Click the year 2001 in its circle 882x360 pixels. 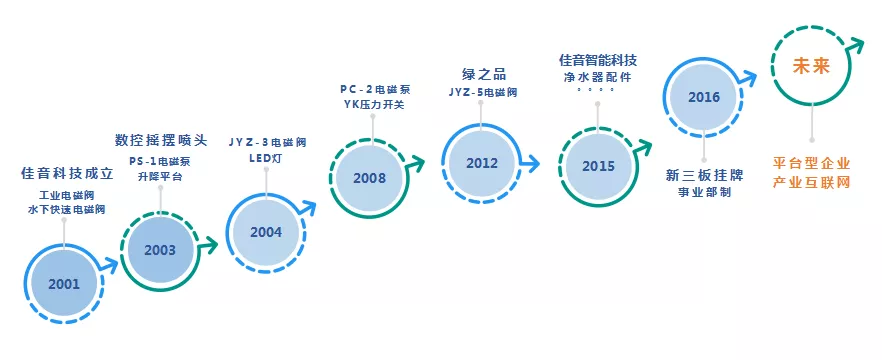[x=64, y=284]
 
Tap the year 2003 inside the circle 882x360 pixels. [x=160, y=250]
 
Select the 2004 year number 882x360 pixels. [x=266, y=232]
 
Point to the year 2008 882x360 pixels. [x=370, y=178]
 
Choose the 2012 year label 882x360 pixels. [x=482, y=163]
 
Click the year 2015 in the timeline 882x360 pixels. [x=598, y=166]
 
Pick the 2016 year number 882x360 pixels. [x=704, y=97]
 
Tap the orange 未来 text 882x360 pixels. [x=811, y=67]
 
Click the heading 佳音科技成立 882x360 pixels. [x=67, y=173]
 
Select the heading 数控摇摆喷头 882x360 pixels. [x=161, y=140]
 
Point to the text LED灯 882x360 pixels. [x=266, y=158]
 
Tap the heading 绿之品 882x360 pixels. [x=483, y=74]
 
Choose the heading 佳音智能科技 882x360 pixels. [x=597, y=60]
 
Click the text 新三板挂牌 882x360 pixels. [x=704, y=176]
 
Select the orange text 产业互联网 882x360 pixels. [x=811, y=183]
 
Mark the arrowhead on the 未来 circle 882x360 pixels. [x=856, y=46]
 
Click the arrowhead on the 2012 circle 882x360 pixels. [x=530, y=164]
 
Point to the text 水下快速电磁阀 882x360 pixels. [x=66, y=210]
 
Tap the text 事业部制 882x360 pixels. [x=704, y=192]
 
